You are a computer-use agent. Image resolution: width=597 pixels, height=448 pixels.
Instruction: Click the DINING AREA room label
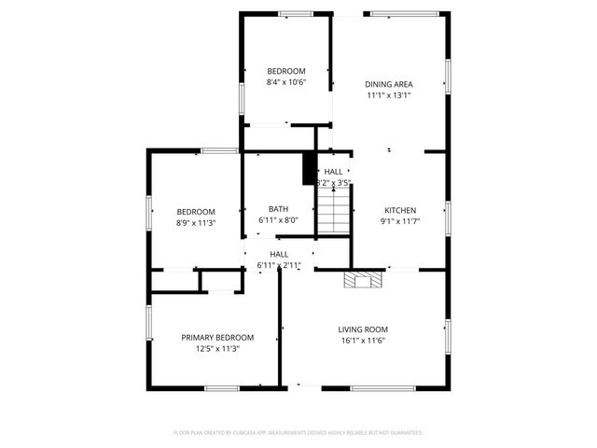tap(388, 84)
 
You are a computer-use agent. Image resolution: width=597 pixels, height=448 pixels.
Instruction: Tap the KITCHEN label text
tap(400, 210)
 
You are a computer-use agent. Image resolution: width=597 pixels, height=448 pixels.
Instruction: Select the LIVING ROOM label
tap(363, 329)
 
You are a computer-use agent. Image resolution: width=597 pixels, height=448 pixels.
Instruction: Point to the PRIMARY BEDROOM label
tap(217, 337)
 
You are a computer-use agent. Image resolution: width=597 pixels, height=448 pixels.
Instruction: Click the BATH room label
tap(278, 209)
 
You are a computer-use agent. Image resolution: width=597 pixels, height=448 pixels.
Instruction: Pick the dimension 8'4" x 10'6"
tap(285, 82)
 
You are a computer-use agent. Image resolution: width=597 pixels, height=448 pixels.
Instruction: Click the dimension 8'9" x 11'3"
tap(196, 223)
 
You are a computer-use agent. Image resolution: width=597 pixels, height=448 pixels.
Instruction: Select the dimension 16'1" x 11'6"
tap(363, 341)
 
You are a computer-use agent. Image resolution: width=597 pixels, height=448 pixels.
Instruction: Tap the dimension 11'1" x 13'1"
tap(388, 95)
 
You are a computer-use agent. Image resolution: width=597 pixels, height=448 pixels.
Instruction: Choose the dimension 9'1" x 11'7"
tap(400, 221)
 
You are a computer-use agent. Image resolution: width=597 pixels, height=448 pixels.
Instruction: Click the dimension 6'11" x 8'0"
tap(278, 220)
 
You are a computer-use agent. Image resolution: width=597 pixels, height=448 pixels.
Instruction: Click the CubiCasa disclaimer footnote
tap(298, 432)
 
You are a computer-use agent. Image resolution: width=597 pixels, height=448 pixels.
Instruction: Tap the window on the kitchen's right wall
tap(449, 217)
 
